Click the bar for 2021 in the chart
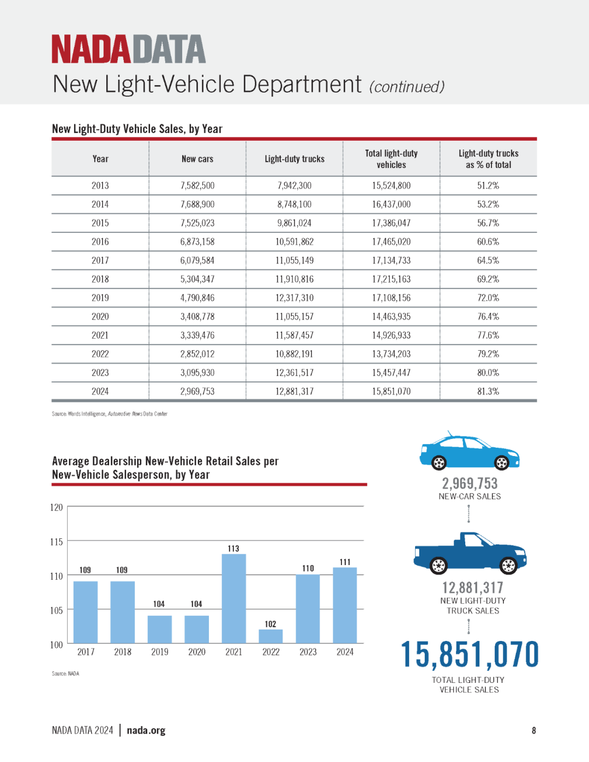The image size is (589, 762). tap(234, 598)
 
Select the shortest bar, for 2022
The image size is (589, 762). tap(271, 636)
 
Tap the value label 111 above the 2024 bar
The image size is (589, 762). tap(345, 562)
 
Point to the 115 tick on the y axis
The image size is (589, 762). tap(57, 542)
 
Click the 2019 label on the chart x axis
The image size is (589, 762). tap(160, 652)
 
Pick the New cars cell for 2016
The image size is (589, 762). tap(197, 242)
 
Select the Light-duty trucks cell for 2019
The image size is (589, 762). tap(294, 298)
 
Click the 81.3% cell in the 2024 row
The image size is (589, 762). tap(488, 391)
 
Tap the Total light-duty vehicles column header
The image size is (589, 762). tap(391, 159)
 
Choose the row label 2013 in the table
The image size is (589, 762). tap(100, 185)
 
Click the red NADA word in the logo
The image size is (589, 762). tap(91, 49)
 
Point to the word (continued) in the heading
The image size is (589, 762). tap(407, 87)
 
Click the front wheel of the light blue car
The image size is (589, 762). tap(501, 463)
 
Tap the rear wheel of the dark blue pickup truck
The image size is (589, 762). tap(438, 565)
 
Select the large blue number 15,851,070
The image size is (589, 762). tap(470, 654)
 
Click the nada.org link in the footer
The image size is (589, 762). tap(146, 730)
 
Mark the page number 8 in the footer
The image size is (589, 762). tap(534, 730)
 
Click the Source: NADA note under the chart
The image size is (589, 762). tap(65, 674)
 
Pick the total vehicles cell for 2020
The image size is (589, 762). tap(391, 317)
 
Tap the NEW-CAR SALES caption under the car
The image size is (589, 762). tap(470, 496)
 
